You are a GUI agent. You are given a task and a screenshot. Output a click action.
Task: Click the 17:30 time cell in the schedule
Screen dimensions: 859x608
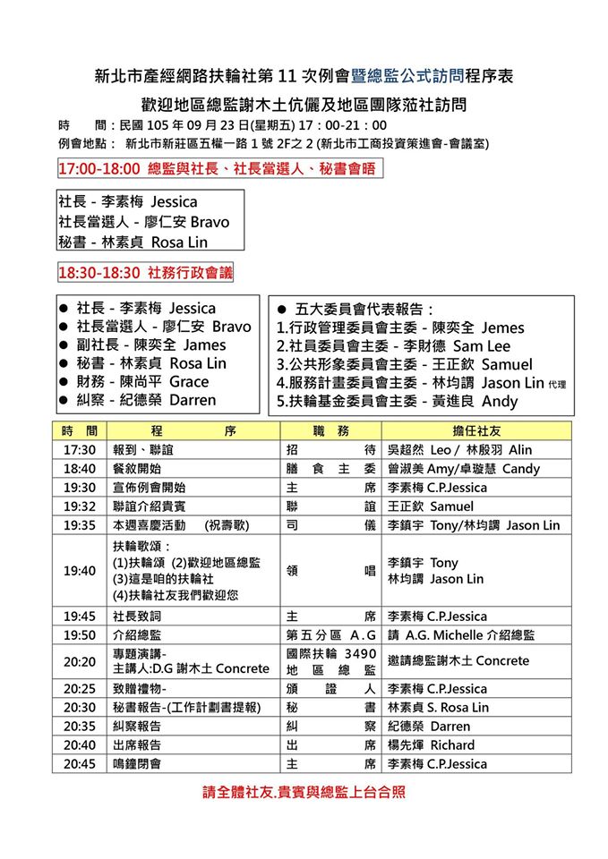click(80, 450)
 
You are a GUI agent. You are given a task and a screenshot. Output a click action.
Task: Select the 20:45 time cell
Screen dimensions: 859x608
click(80, 764)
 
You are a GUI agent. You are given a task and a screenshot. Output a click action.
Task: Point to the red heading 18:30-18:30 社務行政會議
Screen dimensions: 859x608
click(145, 273)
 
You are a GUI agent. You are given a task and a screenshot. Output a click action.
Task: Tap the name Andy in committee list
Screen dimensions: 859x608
click(500, 402)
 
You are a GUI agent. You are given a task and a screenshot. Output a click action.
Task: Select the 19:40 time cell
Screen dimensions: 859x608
click(80, 571)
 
